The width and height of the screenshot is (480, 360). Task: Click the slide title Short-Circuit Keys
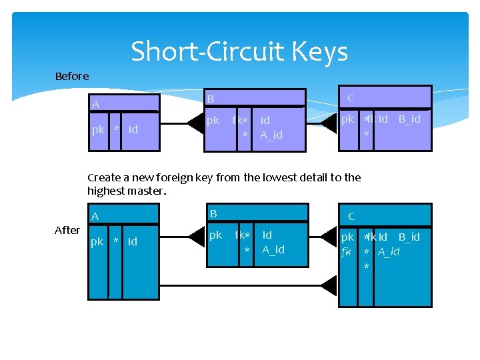[x=239, y=51]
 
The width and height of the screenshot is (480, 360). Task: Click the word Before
[x=72, y=76]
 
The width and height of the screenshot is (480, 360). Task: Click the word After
[x=67, y=230]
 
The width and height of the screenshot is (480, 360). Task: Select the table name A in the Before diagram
[x=96, y=105]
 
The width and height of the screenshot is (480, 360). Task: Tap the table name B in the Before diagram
[x=211, y=99]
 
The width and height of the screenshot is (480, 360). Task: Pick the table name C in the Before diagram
[x=351, y=97]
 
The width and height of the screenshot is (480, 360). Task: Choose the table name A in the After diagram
[x=95, y=217]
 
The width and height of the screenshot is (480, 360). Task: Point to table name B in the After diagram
[x=213, y=214]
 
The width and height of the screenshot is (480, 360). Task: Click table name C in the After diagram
[x=351, y=217]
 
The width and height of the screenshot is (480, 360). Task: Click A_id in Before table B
[x=271, y=135]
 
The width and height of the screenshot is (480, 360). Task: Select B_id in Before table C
[x=409, y=119]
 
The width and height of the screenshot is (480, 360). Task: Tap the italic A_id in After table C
[x=389, y=251]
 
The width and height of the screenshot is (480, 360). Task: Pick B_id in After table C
[x=409, y=237]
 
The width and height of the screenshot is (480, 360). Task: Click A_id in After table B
[x=273, y=249]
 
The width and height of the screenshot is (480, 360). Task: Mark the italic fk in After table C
[x=347, y=251]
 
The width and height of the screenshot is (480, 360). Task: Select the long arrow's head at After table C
[x=329, y=286]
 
